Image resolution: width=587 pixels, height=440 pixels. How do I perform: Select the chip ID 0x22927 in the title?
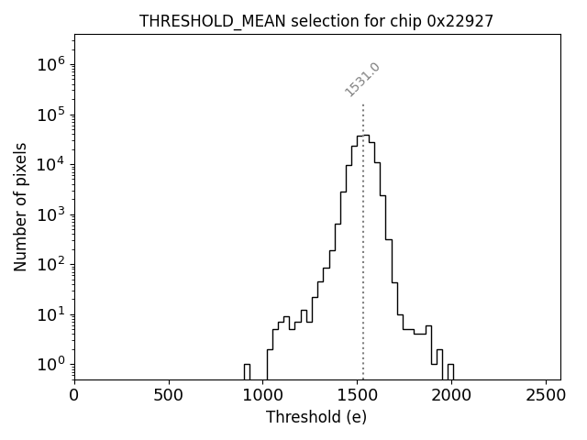pos(460,21)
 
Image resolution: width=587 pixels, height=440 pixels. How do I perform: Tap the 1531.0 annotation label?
pos(362,80)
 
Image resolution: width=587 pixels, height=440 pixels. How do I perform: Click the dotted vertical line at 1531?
pos(363,238)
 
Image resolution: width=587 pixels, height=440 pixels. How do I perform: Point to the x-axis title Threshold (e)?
pos(316,417)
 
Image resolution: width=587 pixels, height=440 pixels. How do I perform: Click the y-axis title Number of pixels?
pos(20,207)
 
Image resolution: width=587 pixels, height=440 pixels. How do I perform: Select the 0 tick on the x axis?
pos(74,396)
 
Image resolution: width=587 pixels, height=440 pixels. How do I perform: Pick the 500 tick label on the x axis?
pos(169,396)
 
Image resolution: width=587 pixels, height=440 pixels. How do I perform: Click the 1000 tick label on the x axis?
pos(263,396)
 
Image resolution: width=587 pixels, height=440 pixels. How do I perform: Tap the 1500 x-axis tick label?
pos(358,396)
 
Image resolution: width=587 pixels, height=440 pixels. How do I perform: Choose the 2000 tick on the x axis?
pos(452,396)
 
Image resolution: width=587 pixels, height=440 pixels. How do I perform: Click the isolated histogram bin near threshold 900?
pos(247,371)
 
